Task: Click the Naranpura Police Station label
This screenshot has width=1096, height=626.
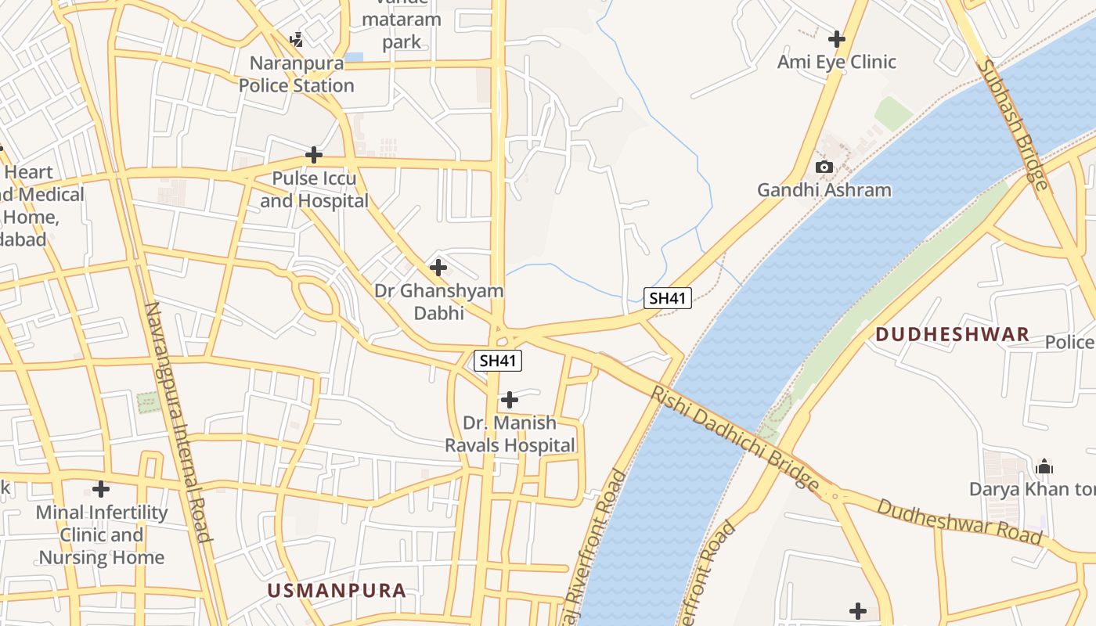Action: (296, 74)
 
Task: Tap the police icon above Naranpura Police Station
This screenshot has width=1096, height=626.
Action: (296, 39)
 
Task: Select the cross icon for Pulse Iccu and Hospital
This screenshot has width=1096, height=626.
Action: (314, 155)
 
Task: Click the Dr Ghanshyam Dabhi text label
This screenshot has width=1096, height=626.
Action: (438, 301)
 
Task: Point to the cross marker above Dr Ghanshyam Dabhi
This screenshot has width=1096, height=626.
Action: (438, 268)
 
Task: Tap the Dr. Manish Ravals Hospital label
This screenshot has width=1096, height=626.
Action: (510, 434)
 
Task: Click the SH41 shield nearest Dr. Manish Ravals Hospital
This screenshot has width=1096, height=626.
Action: (497, 361)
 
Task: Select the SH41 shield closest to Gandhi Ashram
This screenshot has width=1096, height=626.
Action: (668, 298)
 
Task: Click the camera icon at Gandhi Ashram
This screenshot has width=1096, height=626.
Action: (824, 167)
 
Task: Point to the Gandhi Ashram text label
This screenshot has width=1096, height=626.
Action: (824, 190)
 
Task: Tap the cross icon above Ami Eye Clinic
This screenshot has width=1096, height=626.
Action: (837, 38)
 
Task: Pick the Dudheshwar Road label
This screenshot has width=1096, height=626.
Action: (959, 521)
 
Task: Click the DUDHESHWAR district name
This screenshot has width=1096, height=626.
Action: (951, 335)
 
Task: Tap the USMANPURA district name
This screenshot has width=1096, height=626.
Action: (337, 591)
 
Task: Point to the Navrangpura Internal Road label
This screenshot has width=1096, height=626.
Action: (178, 422)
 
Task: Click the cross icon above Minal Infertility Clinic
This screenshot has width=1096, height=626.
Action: (101, 489)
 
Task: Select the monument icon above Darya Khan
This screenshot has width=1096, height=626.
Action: (1044, 467)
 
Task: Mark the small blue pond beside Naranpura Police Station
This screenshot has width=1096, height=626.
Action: (354, 57)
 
